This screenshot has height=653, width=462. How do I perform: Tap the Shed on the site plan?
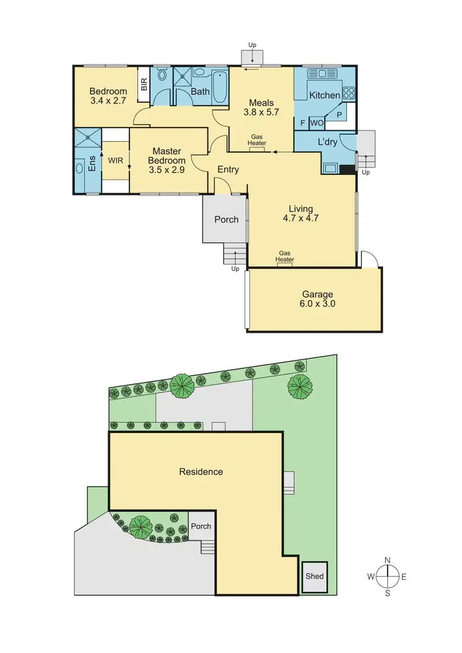coord(314,577)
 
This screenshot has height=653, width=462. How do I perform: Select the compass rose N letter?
coord(387,560)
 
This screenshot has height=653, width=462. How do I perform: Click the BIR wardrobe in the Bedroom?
coord(144,84)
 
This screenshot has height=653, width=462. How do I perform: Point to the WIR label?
coord(115,160)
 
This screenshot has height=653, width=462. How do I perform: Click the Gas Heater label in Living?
coord(285,256)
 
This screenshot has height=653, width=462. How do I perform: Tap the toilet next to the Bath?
coord(162,76)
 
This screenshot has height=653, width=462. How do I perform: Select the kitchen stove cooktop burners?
coord(349,94)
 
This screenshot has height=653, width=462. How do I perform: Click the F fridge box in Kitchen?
coord(302,123)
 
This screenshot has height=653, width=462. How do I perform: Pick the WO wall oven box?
coord(317,123)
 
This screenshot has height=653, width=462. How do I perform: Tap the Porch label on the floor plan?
coord(226,219)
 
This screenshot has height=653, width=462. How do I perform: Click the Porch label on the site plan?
coord(201,526)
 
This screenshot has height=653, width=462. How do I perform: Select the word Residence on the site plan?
coord(201,472)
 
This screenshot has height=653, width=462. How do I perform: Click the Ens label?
coord(92,164)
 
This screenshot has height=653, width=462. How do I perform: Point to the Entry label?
coord(229,169)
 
